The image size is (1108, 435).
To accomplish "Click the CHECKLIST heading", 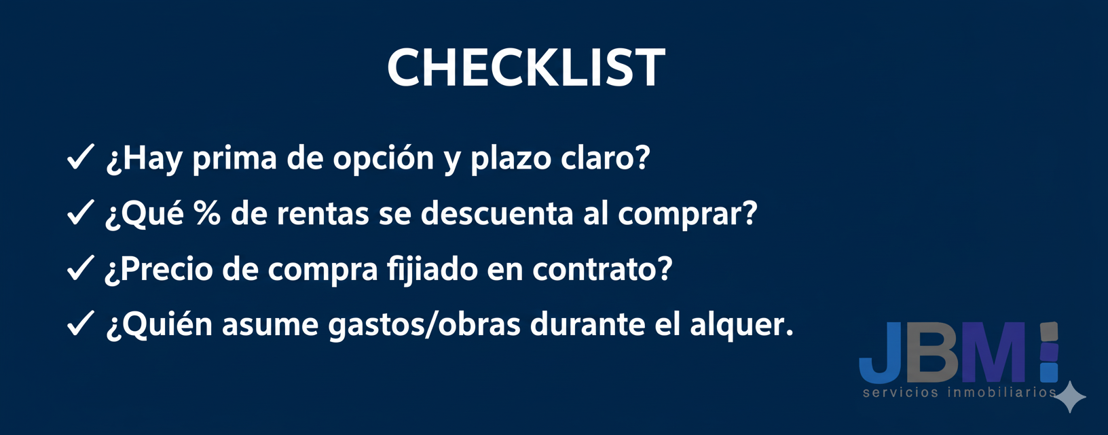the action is tap(526, 68).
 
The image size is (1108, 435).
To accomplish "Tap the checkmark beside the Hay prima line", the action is tap(80, 158).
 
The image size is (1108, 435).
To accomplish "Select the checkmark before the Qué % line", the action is tap(80, 213).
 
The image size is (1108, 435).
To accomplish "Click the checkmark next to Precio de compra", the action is tap(80, 268).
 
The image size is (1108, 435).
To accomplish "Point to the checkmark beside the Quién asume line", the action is tap(80, 324).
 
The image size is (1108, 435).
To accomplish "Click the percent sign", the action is tap(207, 213).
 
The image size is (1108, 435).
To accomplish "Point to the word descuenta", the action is tap(496, 213).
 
